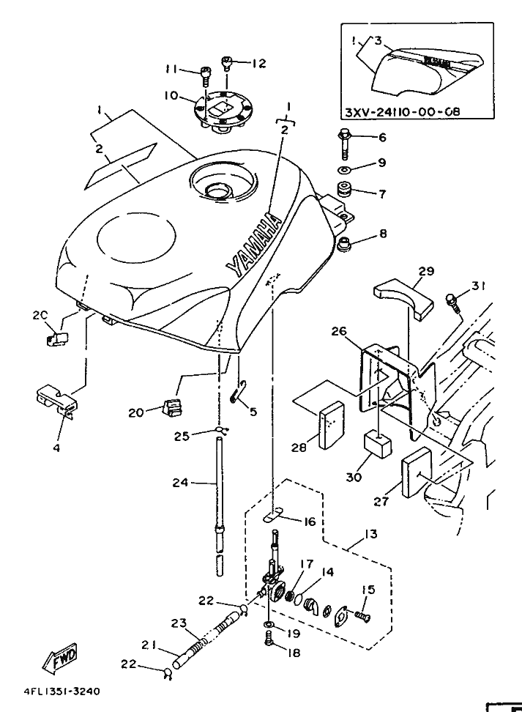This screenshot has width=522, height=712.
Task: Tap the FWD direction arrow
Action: pos(64,658)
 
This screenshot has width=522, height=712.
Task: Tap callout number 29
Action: pos(426,271)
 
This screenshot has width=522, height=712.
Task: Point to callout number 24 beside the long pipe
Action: pos(180,482)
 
